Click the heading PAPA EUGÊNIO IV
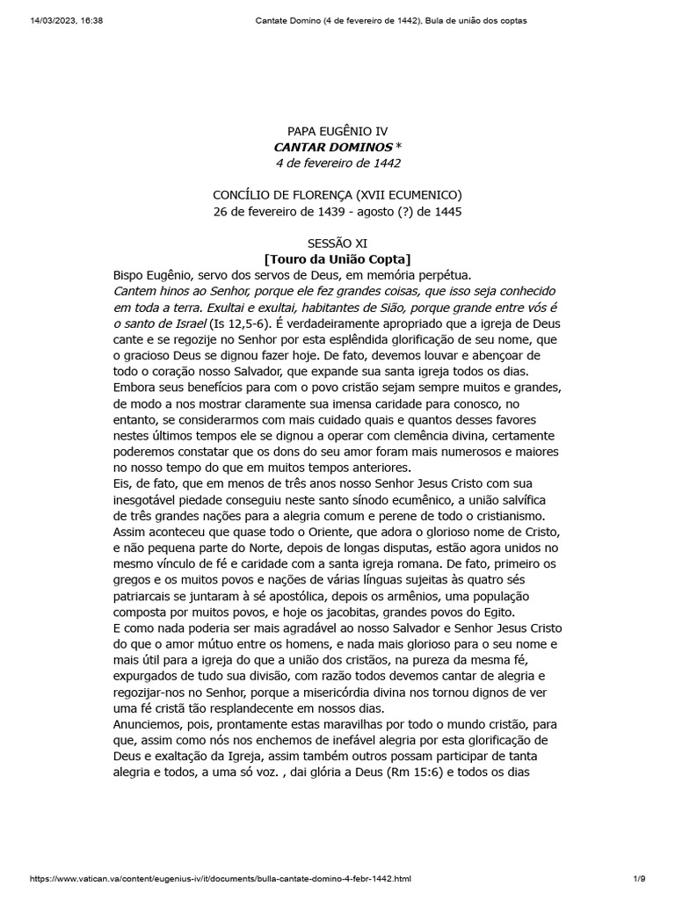tap(337, 131)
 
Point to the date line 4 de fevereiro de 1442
tap(337, 163)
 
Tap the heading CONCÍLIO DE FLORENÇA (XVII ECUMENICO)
tap(337, 195)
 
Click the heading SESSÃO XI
tap(337, 243)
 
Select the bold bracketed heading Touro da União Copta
tap(337, 259)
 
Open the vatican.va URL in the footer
tap(221, 878)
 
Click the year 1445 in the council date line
tap(446, 211)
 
